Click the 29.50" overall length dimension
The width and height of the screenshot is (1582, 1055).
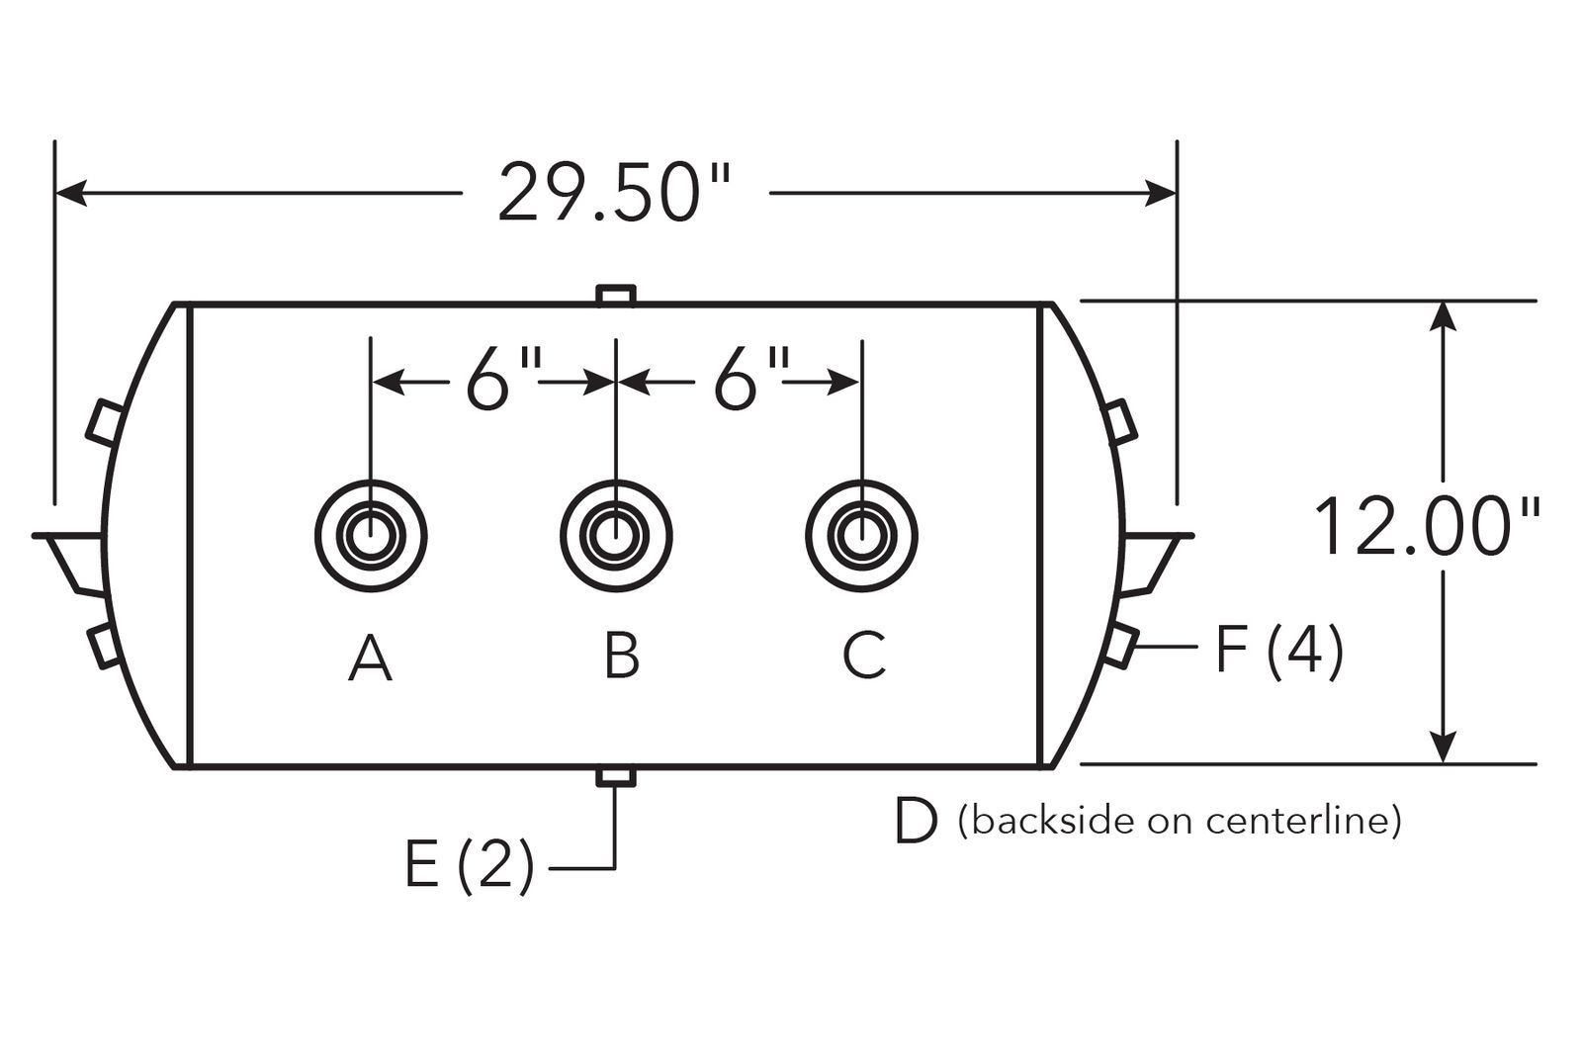[614, 192]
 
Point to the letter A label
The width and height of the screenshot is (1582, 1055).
[370, 658]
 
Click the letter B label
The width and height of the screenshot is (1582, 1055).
[622, 656]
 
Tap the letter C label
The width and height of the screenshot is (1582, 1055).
[864, 655]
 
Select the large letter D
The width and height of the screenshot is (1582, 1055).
[916, 821]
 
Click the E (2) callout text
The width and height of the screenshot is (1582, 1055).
[470, 866]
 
